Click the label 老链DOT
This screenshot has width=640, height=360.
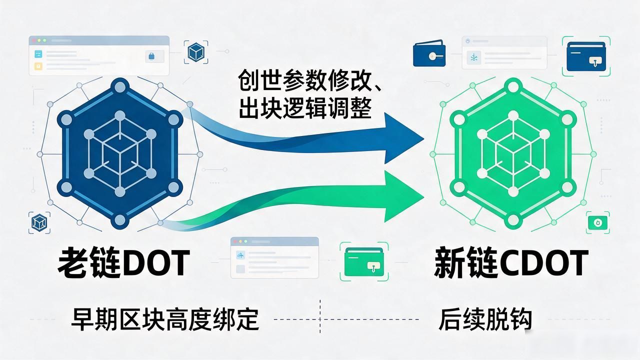point(124,262)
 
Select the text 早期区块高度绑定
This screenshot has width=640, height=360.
point(165,319)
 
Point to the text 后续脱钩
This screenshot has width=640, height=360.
point(485,319)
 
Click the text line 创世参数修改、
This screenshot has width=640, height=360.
point(309,80)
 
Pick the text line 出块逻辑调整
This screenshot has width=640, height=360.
point(305,107)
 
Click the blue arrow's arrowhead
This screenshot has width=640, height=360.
point(403,138)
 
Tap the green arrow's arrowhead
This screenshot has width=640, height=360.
point(403,196)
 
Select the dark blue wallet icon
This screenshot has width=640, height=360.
point(429,53)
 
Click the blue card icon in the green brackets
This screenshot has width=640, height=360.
point(586,56)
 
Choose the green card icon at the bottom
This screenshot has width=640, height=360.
point(364,262)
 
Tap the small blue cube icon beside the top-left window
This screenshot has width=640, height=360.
point(196,52)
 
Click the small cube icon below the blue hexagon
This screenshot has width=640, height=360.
point(39,222)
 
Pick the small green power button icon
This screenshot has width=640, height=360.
point(597,223)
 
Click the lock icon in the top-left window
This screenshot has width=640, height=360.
point(151,56)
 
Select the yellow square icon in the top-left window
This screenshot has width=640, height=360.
point(38,66)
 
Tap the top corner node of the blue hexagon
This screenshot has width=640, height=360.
point(120,86)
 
